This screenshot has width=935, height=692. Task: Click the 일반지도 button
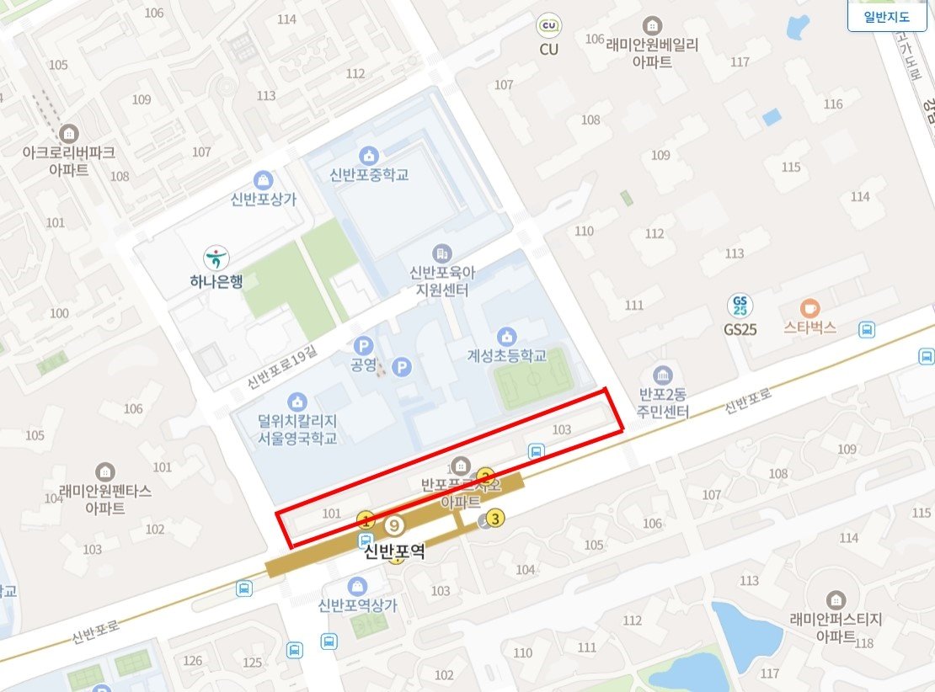tap(886, 16)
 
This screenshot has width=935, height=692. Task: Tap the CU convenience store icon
tap(549, 27)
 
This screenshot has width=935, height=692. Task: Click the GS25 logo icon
tap(740, 306)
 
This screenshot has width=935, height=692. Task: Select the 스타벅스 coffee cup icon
tap(809, 308)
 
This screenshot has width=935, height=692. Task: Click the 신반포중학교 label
tap(369, 174)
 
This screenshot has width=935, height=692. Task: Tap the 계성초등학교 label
tap(507, 355)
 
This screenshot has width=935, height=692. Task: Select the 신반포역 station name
tap(393, 552)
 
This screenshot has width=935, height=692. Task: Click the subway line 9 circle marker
tap(394, 526)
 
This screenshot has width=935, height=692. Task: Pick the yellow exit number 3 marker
tap(495, 519)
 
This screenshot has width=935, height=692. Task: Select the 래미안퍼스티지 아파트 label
tap(836, 626)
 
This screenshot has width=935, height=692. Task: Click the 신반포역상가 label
tap(358, 604)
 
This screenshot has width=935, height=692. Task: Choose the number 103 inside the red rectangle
tap(561, 429)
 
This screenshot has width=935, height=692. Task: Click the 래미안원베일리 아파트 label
tap(653, 52)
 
